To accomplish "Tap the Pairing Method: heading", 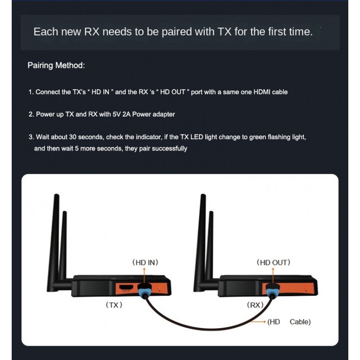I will coord(56,66).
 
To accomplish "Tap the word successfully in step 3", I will coord(170,148).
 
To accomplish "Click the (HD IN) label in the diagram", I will coord(144,262).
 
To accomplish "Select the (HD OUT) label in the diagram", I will coord(273,262).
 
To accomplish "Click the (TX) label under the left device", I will coord(114,305).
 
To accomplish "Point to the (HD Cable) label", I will coord(289,322).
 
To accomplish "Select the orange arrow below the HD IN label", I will coord(144,274).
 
